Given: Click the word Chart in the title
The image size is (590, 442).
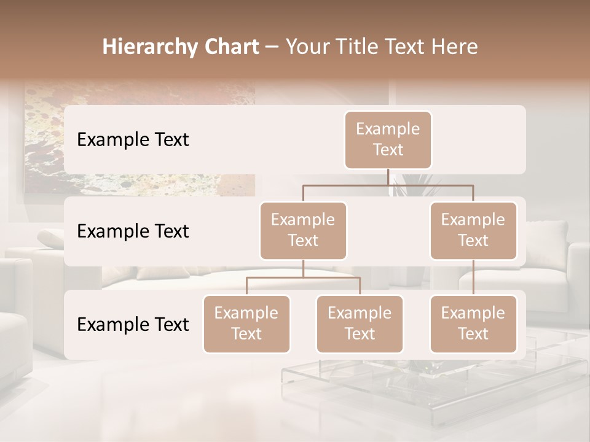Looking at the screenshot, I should (231, 47).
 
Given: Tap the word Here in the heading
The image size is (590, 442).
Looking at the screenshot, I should (455, 47).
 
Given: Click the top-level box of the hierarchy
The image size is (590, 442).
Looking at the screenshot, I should (388, 139).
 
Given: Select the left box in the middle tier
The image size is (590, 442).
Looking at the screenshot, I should (303, 230).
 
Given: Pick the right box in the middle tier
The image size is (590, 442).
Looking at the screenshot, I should (473, 230).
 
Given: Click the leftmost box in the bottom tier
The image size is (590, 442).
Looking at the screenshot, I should (246, 324).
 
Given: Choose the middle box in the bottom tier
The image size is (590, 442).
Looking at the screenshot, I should (360, 324).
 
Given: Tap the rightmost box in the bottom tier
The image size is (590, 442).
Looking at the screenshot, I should (473, 324).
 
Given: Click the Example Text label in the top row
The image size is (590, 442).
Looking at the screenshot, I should (133, 140).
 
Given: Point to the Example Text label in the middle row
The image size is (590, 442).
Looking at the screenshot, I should (133, 231).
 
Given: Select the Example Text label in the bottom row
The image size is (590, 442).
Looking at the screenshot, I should (133, 324).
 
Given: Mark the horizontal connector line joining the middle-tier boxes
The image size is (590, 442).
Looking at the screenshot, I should (388, 184).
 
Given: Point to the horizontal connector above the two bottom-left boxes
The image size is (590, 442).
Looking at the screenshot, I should (303, 277).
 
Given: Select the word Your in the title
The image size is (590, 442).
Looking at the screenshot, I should (307, 47).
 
